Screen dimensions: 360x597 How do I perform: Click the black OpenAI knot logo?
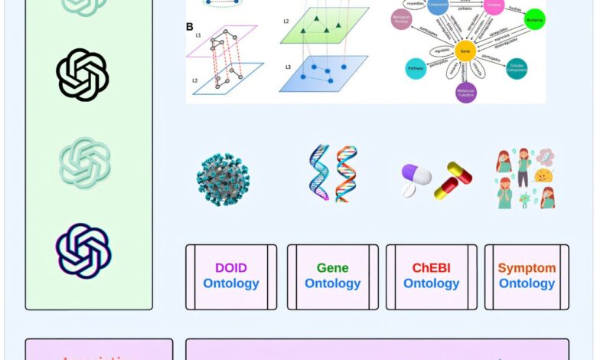coord(83,75)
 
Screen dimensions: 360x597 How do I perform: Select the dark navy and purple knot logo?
coord(83,250)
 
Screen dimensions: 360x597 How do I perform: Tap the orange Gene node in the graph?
coord(464,51)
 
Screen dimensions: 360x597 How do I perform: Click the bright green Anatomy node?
coord(535,19)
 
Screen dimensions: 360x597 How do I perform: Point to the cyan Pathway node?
coord(417,68)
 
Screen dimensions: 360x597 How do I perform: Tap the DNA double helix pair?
coord(333,173)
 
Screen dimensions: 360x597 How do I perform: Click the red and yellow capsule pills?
coord(453,181)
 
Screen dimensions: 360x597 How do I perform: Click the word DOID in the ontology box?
coord(230,268)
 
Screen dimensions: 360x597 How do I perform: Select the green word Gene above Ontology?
coord(332,268)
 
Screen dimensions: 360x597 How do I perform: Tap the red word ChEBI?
coord(431,268)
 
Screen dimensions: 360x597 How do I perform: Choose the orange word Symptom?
coord(527,268)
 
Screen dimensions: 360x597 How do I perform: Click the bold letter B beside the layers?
coord(190,27)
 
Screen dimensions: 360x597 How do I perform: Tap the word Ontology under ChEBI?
coord(431,283)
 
